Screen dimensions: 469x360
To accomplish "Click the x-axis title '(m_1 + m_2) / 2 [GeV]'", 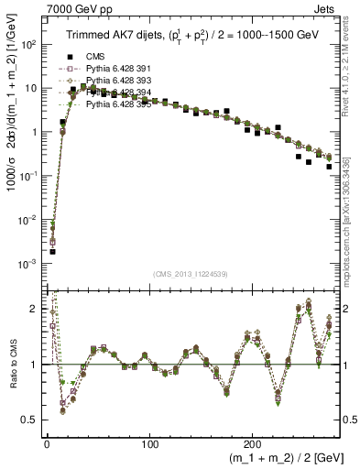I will click(279, 458).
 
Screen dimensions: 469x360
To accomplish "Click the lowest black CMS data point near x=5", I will click(52, 251).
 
